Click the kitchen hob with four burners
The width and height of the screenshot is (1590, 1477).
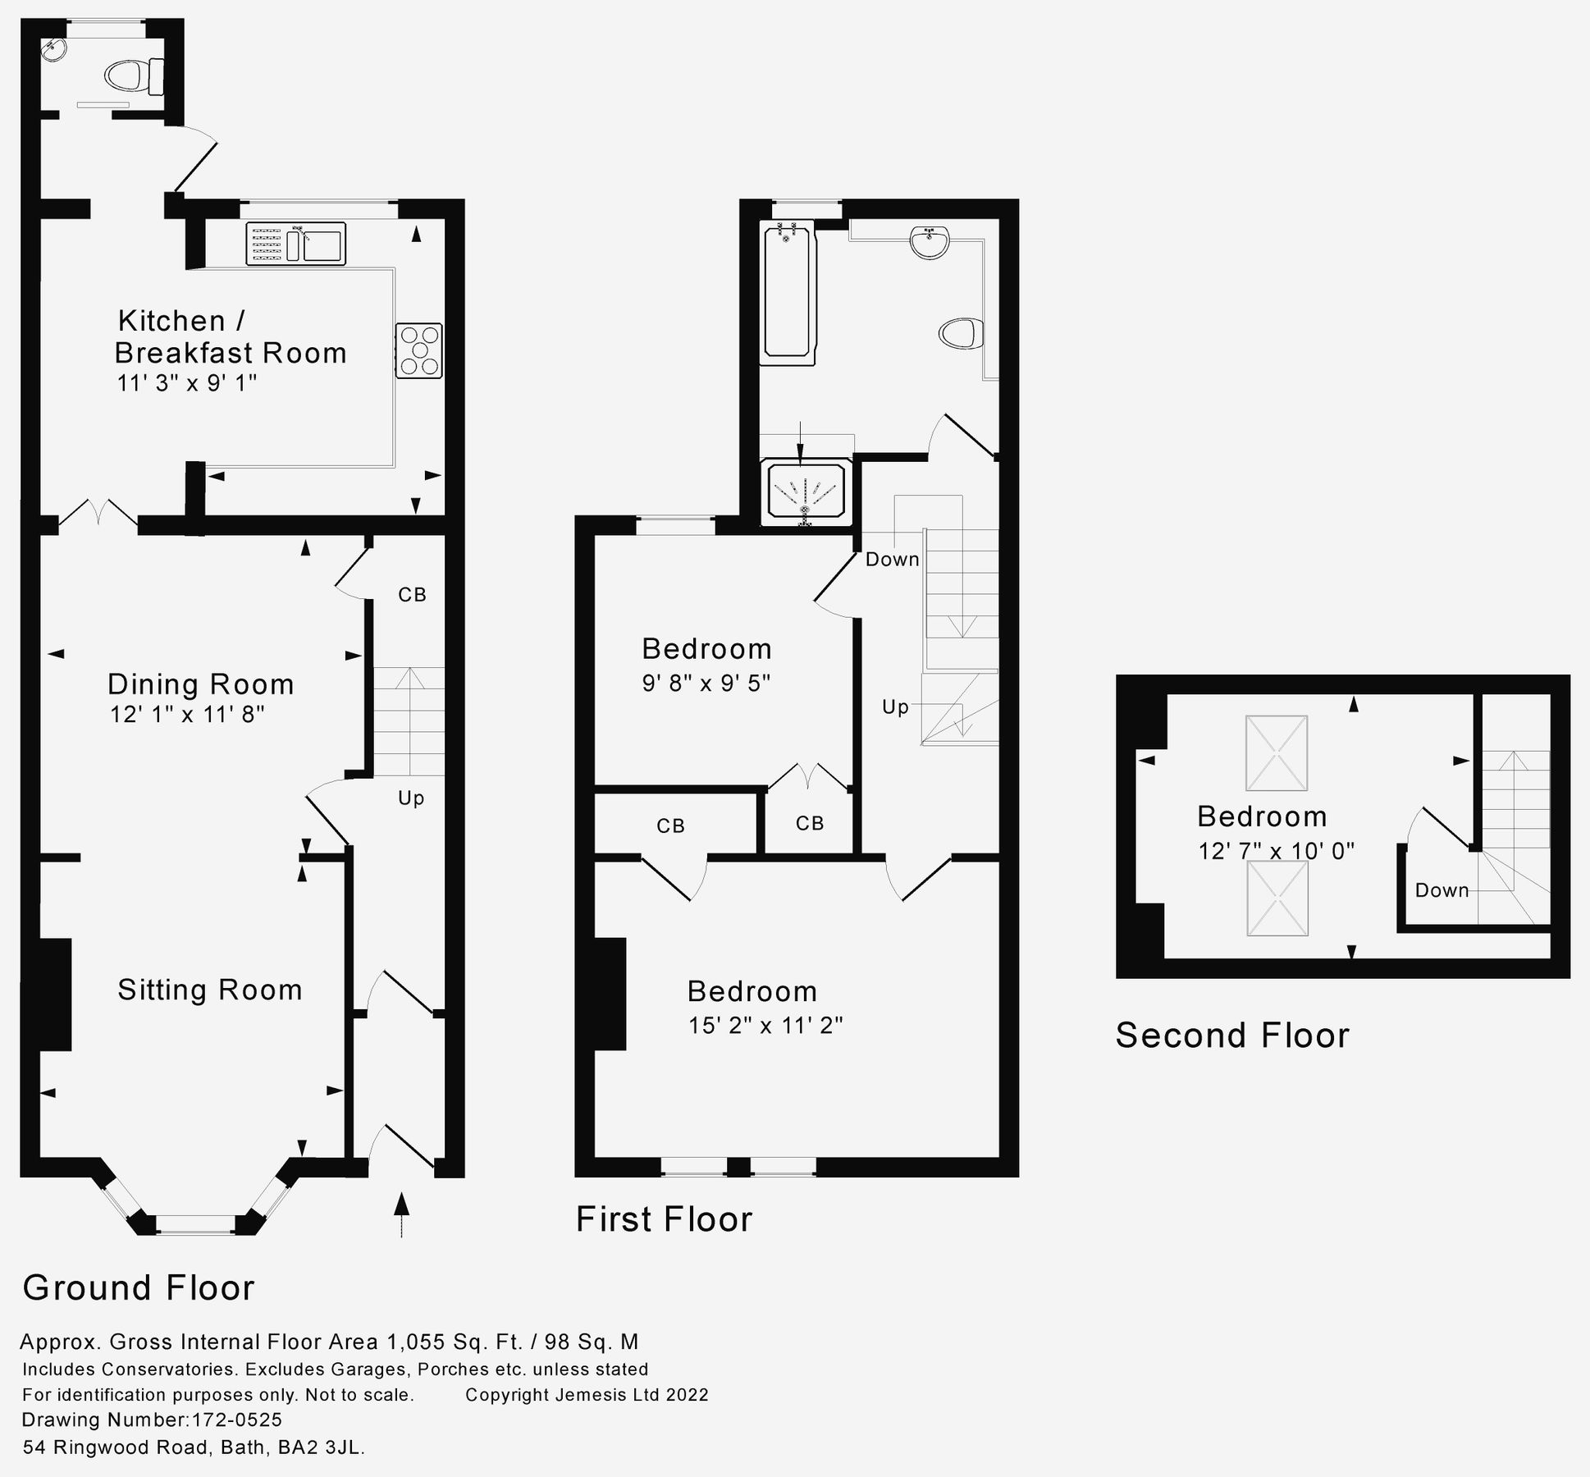pyautogui.click(x=419, y=350)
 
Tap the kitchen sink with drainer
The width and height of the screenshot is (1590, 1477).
pyautogui.click(x=295, y=245)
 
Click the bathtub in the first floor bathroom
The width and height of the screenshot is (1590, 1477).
pyautogui.click(x=788, y=293)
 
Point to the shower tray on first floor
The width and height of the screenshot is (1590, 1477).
pyautogui.click(x=806, y=492)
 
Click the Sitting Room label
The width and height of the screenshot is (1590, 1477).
pyautogui.click(x=210, y=990)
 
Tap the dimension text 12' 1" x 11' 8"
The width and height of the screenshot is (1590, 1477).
pyautogui.click(x=188, y=715)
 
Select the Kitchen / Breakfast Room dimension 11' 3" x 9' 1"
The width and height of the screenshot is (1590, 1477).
pyautogui.click(x=187, y=383)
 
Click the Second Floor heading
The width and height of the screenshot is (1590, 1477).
pyautogui.click(x=1231, y=1036)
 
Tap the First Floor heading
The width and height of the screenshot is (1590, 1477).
pyautogui.click(x=664, y=1219)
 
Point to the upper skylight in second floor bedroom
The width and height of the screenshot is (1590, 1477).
pyautogui.click(x=1276, y=752)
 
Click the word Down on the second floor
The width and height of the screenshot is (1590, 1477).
pyautogui.click(x=1442, y=890)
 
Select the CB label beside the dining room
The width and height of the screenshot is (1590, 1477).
pyautogui.click(x=412, y=595)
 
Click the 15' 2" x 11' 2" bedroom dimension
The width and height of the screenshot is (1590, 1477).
pyautogui.click(x=765, y=1026)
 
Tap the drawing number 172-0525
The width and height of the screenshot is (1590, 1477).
pyautogui.click(x=236, y=1420)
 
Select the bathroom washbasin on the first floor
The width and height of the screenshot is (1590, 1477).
pyautogui.click(x=930, y=243)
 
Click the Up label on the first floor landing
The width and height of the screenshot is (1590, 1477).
pyautogui.click(x=895, y=706)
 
